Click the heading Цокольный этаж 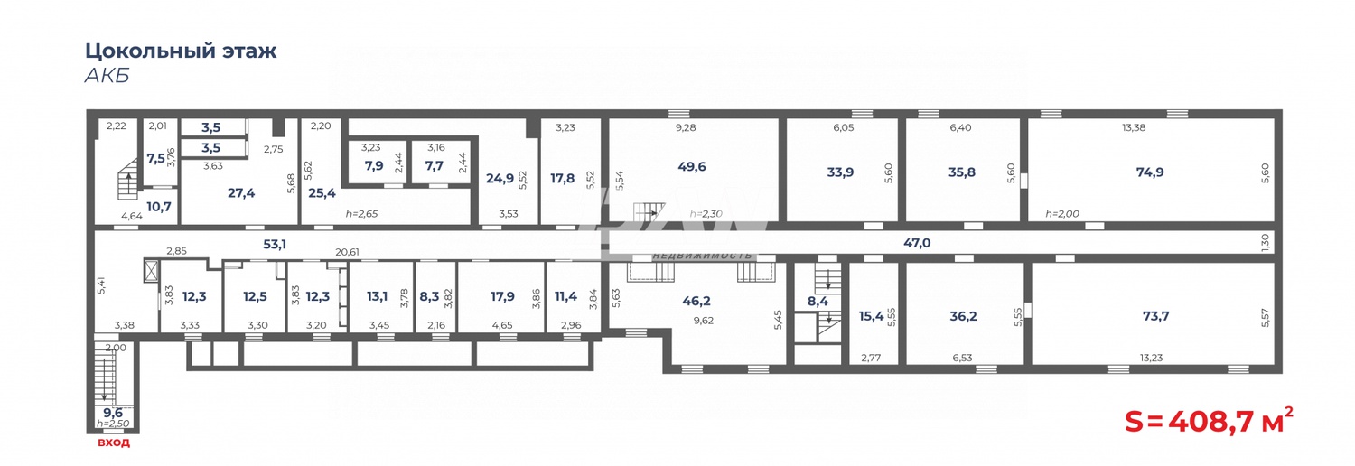pos(181,51)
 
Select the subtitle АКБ pos(107,76)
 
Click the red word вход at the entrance pos(114,443)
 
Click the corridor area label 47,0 pos(917,243)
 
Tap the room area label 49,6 pos(691,166)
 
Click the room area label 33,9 pos(839,172)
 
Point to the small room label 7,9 pos(374,166)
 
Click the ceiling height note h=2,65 pos(363,214)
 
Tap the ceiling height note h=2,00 pos(1062,214)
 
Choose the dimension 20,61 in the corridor pos(347,253)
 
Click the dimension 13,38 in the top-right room pos(1134,128)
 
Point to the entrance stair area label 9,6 pos(112,413)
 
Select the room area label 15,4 pos(871,316)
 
